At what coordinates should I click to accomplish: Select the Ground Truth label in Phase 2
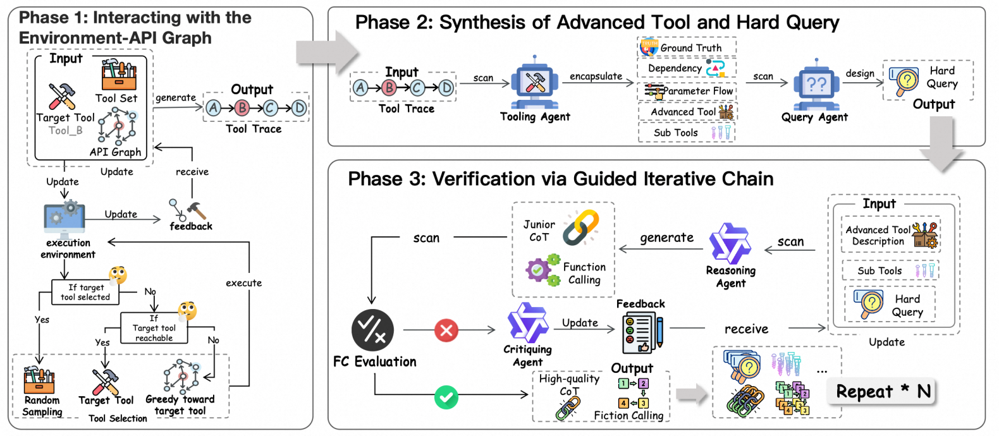[x=690, y=48]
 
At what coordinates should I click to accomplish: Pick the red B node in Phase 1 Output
[x=242, y=108]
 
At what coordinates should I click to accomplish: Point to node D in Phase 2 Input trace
[x=446, y=88]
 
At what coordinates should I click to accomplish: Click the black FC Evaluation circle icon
[x=372, y=330]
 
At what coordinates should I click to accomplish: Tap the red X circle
[x=446, y=330]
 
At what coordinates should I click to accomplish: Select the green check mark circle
[x=446, y=397]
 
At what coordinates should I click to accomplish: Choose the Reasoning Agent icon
[x=730, y=243]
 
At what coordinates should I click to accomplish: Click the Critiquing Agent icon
[x=527, y=323]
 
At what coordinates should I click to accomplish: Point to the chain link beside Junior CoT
[x=581, y=227]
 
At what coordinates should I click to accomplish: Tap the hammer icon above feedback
[x=197, y=210]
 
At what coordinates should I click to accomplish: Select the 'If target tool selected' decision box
[x=85, y=292]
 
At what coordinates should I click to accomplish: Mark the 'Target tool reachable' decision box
[x=154, y=328]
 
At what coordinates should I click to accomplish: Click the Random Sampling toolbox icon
[x=39, y=380]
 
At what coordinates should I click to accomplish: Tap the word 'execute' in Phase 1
[x=243, y=283]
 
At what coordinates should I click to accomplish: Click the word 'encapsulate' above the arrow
[x=596, y=76]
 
